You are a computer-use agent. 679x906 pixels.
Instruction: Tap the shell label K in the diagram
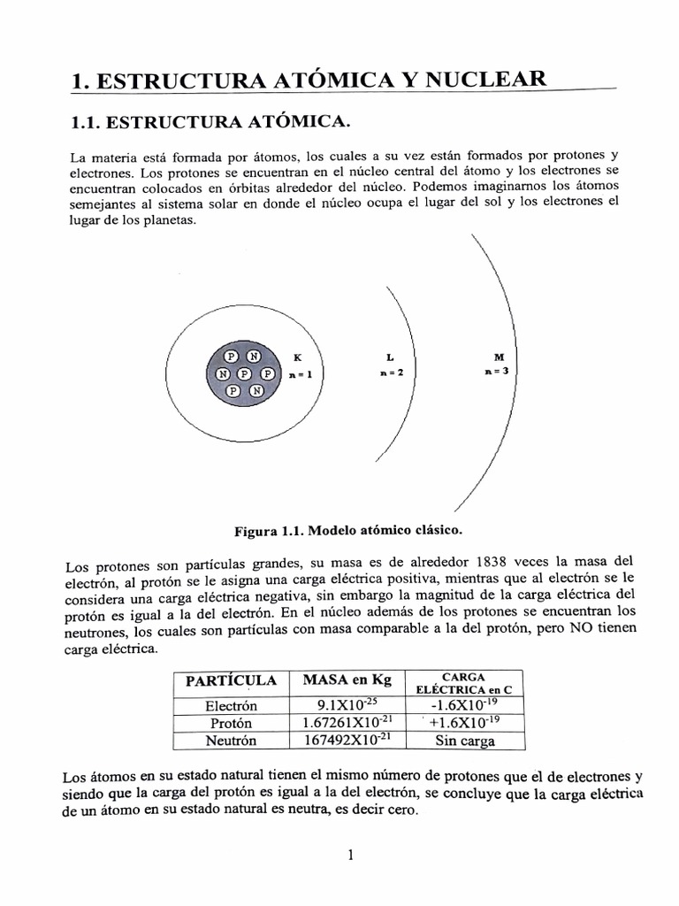[297, 358]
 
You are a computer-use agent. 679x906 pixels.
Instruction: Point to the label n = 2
[390, 372]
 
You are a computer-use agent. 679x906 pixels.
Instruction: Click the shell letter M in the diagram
[499, 357]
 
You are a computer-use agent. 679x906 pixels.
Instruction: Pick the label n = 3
[498, 372]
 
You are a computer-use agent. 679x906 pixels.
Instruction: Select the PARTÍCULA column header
[231, 681]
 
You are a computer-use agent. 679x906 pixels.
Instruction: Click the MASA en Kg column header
[347, 680]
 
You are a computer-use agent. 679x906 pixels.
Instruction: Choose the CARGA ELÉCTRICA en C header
[465, 682]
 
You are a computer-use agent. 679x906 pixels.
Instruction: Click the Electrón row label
[231, 706]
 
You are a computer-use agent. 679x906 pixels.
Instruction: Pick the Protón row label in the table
[231, 724]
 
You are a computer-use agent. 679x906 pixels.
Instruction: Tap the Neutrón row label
[231, 741]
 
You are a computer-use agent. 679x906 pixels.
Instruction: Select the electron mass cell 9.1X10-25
[347, 705]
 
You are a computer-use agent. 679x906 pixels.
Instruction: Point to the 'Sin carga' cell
[465, 741]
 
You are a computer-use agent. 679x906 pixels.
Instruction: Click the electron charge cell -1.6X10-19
[465, 705]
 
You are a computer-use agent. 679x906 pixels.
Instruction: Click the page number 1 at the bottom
[351, 855]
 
